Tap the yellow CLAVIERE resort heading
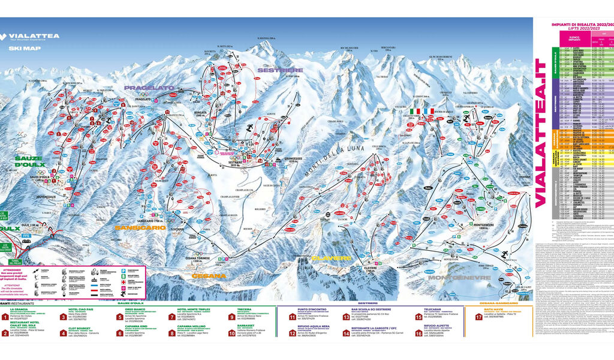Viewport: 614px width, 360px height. [331, 258]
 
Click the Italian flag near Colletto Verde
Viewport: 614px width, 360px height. [414, 111]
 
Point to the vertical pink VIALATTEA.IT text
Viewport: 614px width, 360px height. [540, 133]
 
